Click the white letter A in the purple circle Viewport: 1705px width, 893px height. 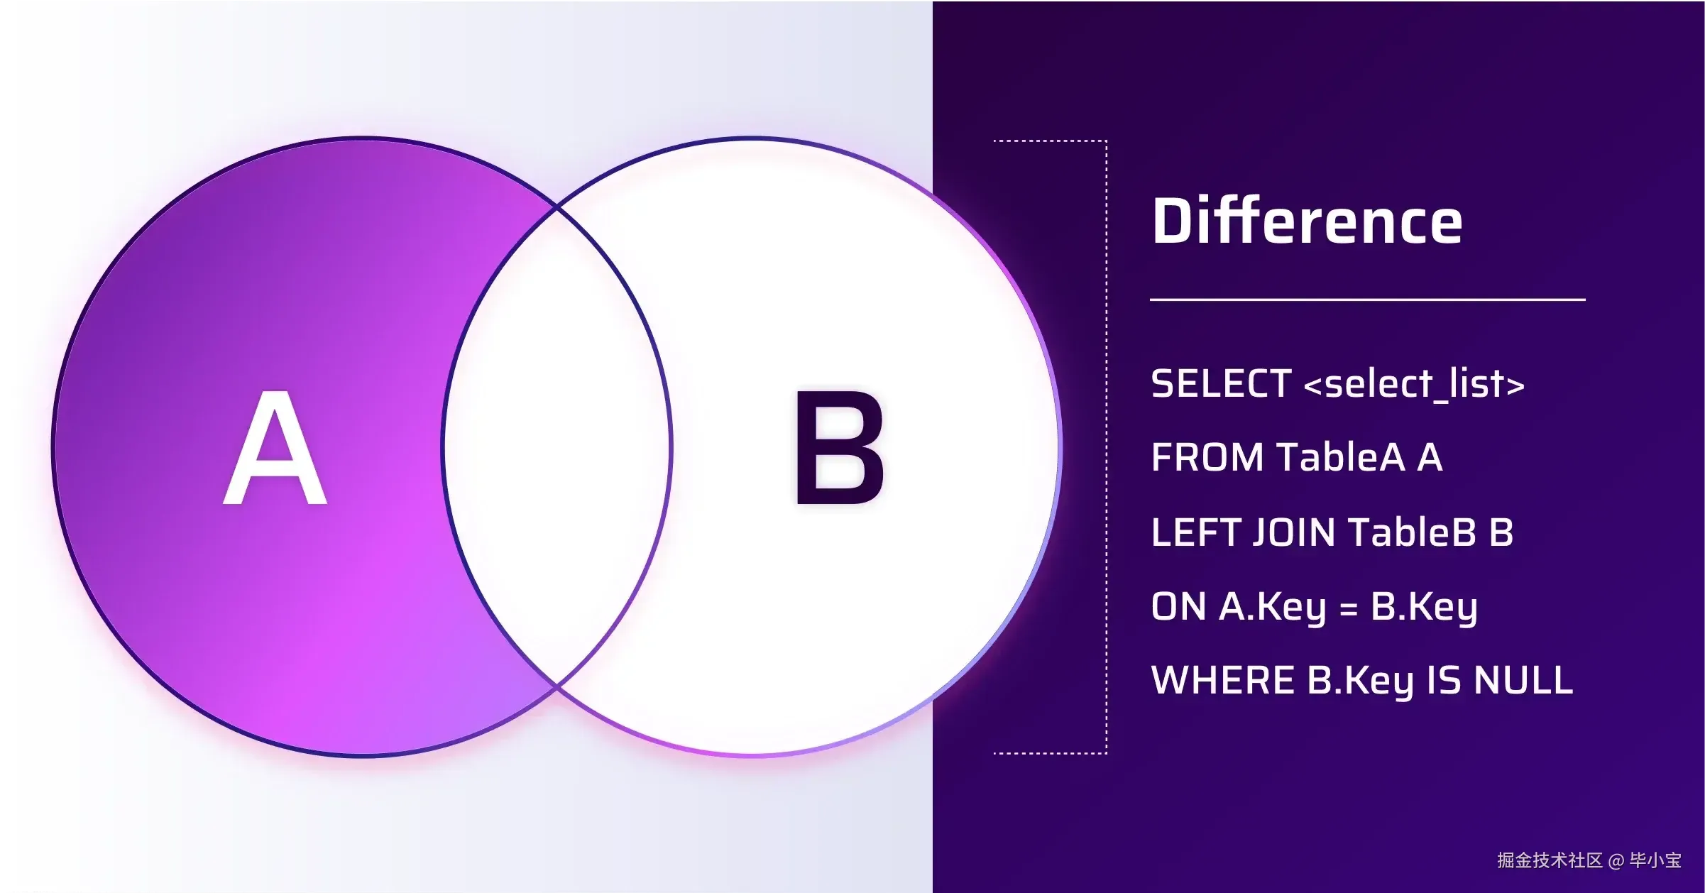click(x=275, y=447)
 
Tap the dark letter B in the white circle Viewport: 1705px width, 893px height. click(x=840, y=447)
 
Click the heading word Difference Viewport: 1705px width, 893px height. click(x=1307, y=221)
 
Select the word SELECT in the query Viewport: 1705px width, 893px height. click(x=1221, y=384)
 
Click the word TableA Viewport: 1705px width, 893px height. click(x=1340, y=457)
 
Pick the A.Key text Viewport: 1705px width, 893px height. click(x=1272, y=608)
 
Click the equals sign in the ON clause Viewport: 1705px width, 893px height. click(x=1349, y=609)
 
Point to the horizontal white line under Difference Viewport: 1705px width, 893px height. click(x=1368, y=300)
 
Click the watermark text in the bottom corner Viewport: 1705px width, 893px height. click(x=1589, y=860)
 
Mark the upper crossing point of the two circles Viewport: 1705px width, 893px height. click(x=557, y=207)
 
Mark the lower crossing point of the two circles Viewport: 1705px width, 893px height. click(x=557, y=686)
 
